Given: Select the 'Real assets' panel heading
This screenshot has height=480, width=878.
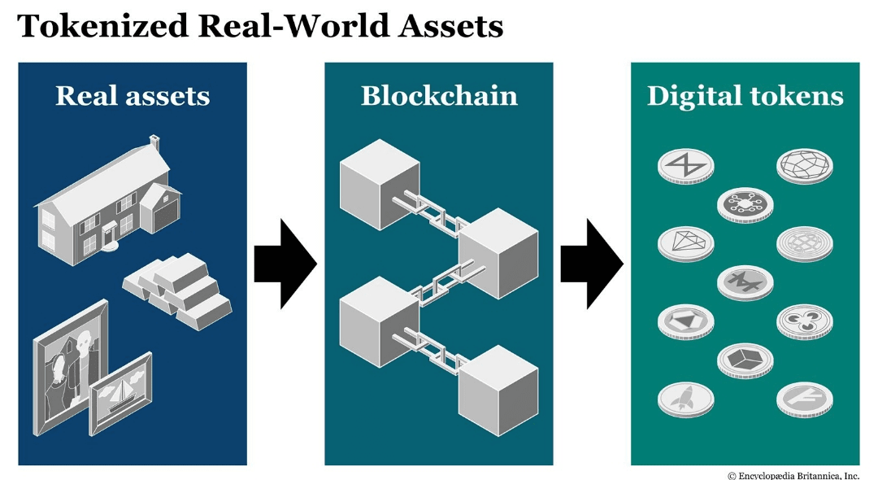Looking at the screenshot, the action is point(133,96).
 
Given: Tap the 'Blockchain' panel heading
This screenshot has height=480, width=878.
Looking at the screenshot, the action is point(439,96).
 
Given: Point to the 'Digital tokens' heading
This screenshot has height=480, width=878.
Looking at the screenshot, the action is point(745,96).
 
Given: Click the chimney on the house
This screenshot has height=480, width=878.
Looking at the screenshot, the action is point(154,143).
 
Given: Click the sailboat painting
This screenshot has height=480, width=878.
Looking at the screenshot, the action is point(120,394).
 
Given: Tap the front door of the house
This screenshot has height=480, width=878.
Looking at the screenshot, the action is point(109,236).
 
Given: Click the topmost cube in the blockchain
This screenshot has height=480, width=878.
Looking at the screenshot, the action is point(380,184).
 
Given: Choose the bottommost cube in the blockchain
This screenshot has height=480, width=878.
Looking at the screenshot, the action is point(498,391).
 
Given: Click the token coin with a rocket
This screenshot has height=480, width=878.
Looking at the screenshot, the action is point(686,400).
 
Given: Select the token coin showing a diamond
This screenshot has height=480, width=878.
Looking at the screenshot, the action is point(686,244).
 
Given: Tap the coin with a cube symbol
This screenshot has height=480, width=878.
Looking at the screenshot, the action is point(745,360).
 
